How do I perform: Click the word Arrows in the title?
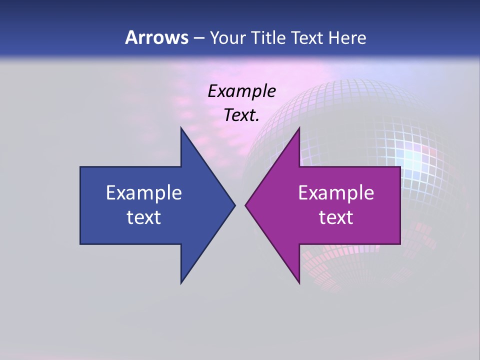coord(156,37)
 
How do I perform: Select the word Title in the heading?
coord(268,37)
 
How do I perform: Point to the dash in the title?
coord(198,38)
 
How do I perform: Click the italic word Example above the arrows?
coord(242,91)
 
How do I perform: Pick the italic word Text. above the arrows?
coord(242,115)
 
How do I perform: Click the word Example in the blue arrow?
coord(144,193)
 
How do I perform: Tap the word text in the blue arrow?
coord(144,217)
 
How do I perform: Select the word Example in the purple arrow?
coord(336,193)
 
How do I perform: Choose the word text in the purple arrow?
coord(336,217)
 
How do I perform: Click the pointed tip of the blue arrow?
coord(234,205)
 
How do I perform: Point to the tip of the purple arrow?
coord(245,205)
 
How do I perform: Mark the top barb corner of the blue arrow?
coord(181,128)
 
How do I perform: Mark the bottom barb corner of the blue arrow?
coord(181,283)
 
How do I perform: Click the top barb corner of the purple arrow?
coord(299,128)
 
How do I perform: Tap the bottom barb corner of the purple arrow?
coord(299,283)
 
